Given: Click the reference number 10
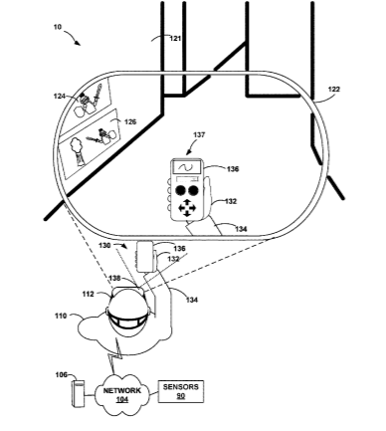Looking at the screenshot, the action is pos(58,27).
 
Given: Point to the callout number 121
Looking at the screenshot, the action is pos(175,39).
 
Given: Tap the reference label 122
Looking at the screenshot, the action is pos(333,90).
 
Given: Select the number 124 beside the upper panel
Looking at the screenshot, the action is pos(60,97).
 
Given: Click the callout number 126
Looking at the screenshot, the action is pos(130,122).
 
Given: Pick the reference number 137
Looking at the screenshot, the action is pos(199,134).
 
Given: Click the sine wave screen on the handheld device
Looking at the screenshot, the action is pos(186,167).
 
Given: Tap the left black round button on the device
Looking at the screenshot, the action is pos(180,190).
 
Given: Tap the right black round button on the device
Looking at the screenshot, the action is pos(193,190).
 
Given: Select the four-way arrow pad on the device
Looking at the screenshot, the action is pos(187,208).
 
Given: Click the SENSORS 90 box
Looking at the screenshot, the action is pos(181,391).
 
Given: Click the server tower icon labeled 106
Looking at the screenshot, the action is pos(78,393).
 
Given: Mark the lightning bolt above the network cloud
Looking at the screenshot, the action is pos(115,355).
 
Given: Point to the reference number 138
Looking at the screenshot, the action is pos(114,278).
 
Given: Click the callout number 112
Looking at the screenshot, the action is pos(89,294).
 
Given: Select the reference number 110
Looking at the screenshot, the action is pos(61,316).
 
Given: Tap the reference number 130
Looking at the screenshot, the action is pos(104,245).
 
